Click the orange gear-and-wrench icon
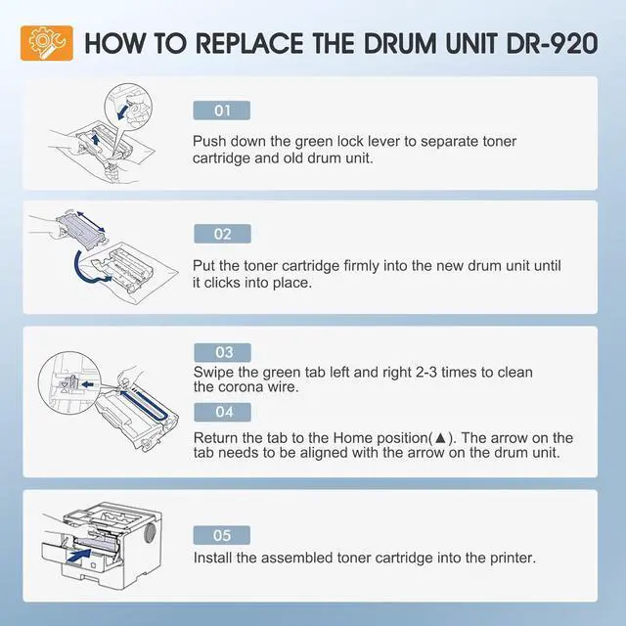click(x=47, y=43)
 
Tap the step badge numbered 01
click(x=222, y=111)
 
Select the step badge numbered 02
click(x=222, y=234)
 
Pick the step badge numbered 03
click(x=222, y=352)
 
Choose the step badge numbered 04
click(x=222, y=412)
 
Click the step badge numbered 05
click(x=222, y=535)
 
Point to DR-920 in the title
click(x=553, y=43)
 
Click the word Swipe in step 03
click(x=213, y=373)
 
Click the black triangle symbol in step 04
click(x=440, y=438)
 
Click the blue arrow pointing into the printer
click(x=79, y=556)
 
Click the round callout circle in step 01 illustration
click(x=128, y=108)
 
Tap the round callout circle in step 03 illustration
click(x=69, y=382)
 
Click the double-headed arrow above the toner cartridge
click(x=91, y=222)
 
